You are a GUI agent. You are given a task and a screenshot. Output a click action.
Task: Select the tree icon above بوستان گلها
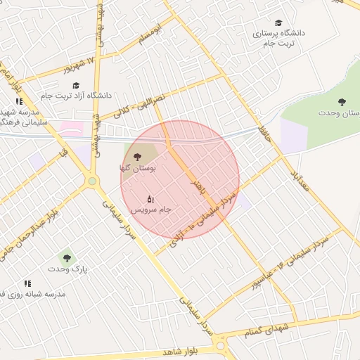(136, 156)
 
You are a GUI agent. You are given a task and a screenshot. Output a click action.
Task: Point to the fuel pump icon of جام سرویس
(150, 198)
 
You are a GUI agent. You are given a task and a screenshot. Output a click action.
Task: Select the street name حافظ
(264, 131)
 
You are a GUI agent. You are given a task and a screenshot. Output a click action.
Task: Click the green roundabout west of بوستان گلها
(91, 181)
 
